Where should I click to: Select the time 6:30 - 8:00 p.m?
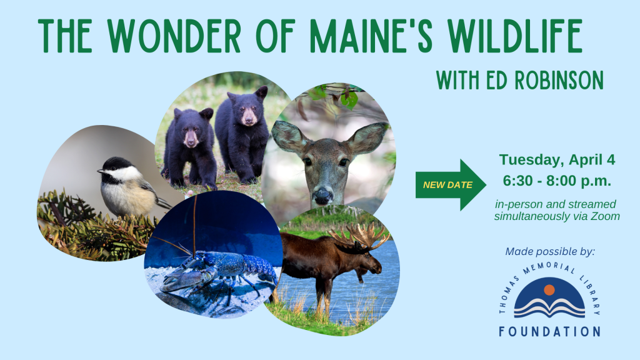coord(557,181)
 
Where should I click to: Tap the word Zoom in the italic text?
coord(606,216)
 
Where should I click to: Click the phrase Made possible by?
coord(550,252)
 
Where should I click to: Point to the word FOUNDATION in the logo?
coord(549,331)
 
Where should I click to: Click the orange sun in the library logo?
coord(549,290)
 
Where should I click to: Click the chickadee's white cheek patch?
coord(124,172)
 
